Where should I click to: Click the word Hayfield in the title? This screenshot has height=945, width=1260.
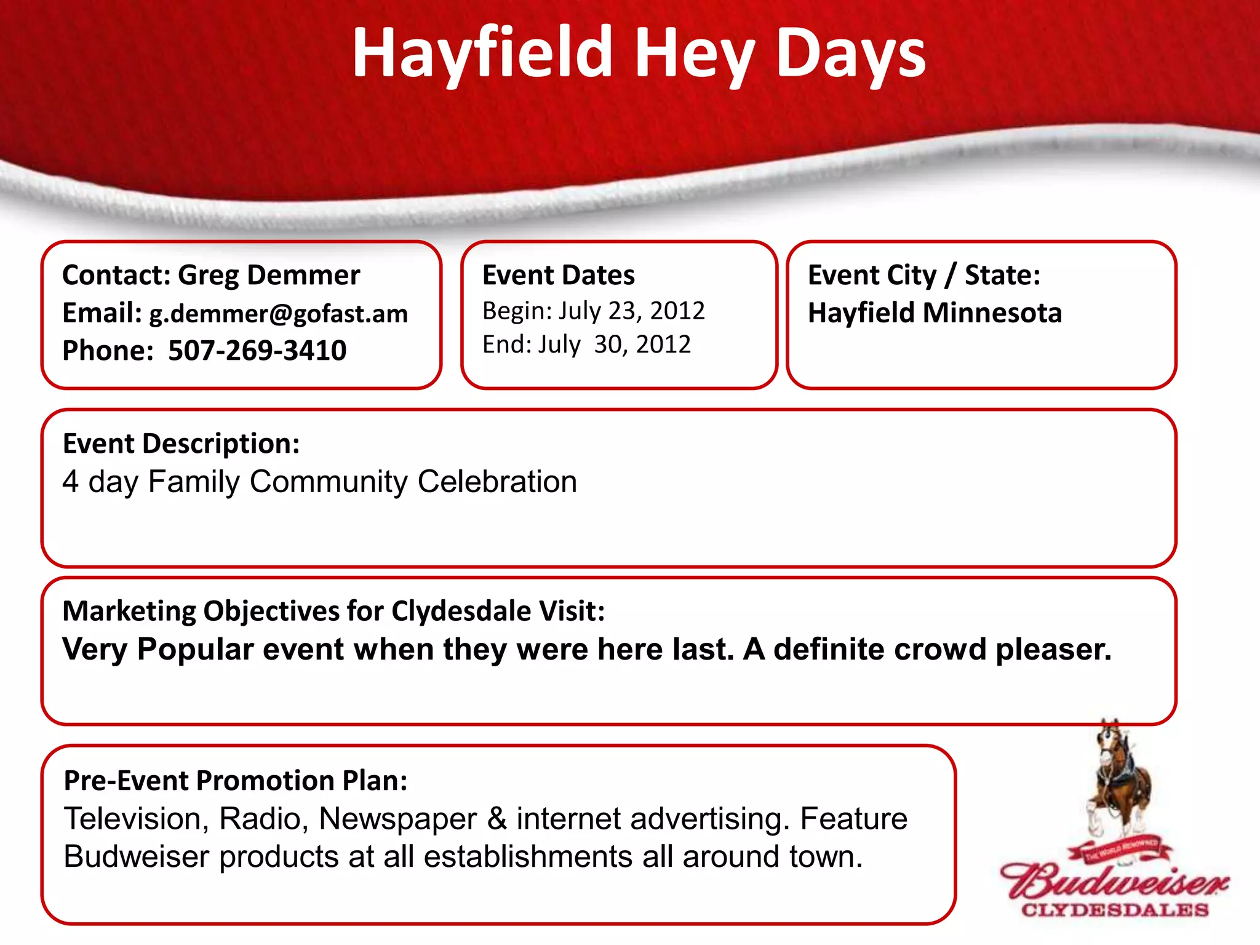[x=482, y=54]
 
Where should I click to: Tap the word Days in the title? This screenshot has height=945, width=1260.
[x=850, y=54]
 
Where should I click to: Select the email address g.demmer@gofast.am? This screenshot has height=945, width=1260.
[x=279, y=314]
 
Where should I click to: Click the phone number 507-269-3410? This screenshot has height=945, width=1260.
[x=257, y=351]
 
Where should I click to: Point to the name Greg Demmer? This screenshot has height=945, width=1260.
[x=269, y=275]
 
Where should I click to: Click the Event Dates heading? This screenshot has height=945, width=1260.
[x=558, y=275]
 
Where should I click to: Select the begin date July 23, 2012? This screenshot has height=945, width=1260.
[x=631, y=311]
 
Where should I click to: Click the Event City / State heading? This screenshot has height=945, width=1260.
[x=923, y=275]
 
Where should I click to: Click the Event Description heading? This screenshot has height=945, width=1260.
[x=181, y=444]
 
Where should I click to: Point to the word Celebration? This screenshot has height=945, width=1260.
[x=497, y=482]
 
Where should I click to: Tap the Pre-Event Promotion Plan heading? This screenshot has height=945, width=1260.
[x=236, y=781]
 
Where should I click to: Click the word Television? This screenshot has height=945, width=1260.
[x=136, y=819]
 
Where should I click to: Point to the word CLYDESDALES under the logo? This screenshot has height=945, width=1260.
[x=1115, y=910]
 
